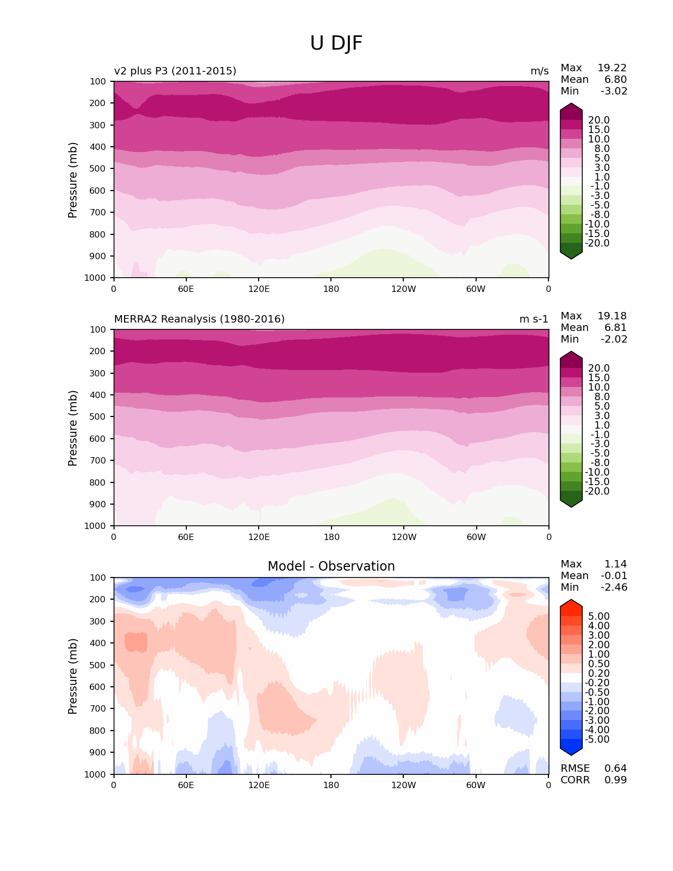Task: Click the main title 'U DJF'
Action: point(336,43)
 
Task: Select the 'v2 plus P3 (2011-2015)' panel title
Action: point(175,71)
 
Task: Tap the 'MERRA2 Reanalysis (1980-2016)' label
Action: point(199,319)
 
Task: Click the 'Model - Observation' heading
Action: point(331,566)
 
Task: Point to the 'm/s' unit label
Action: point(539,71)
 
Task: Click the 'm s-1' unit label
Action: point(534,319)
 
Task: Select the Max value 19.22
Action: point(612,68)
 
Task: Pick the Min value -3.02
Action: point(614,91)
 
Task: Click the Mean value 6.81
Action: point(615,328)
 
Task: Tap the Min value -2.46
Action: point(614,588)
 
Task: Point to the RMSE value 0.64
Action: point(615,769)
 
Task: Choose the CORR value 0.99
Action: point(615,780)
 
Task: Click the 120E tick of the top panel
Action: point(259,289)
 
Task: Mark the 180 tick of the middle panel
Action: point(331,537)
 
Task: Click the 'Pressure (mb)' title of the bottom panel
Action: point(73,676)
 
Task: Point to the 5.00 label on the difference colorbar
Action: point(599,617)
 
